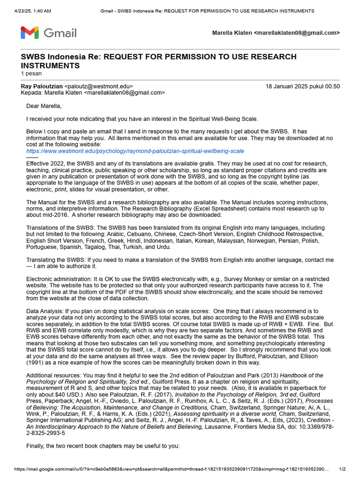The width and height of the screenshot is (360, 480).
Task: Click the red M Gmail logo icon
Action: [x=30, y=33]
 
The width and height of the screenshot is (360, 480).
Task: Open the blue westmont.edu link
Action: [x=135, y=151]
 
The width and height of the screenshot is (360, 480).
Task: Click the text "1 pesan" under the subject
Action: [x=31, y=74]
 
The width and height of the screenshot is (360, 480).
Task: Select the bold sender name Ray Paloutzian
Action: [x=42, y=86]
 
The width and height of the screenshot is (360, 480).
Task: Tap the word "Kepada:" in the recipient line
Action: [x=32, y=93]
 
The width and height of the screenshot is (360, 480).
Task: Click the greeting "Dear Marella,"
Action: [x=44, y=106]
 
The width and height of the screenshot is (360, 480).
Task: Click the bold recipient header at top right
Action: [x=276, y=33]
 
